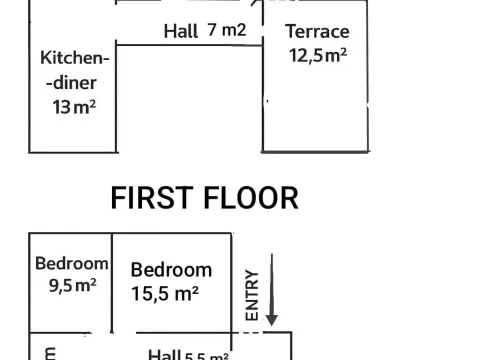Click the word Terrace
coord(317,31)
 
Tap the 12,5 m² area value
coord(318,54)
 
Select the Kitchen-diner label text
coord(73,71)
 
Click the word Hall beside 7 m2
coord(181,31)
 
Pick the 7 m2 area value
coord(227,30)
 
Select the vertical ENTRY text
coord(251,295)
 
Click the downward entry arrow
coord(271,290)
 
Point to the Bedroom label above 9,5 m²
coord(71,264)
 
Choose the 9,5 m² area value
coord(71,284)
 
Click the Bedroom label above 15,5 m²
coord(171,269)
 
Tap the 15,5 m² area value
coord(165,293)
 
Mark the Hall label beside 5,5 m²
coord(164,354)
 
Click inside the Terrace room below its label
coord(317,110)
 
